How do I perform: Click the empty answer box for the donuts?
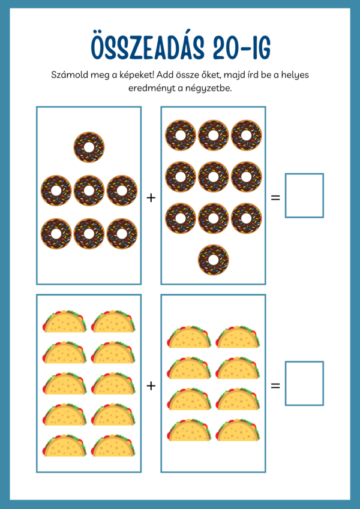[304, 195]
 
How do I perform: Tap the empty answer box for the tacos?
[304, 383]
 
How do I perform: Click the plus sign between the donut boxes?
[151, 197]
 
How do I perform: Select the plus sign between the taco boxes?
[151, 385]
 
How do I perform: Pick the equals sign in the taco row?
[275, 385]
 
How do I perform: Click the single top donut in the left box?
[89, 147]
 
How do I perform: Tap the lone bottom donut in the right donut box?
[213, 260]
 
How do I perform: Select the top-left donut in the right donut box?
[181, 135]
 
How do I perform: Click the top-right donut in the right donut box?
[247, 135]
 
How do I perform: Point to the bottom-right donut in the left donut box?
[122, 233]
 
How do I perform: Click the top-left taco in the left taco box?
[64, 321]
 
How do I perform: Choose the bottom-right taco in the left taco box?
[113, 446]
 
